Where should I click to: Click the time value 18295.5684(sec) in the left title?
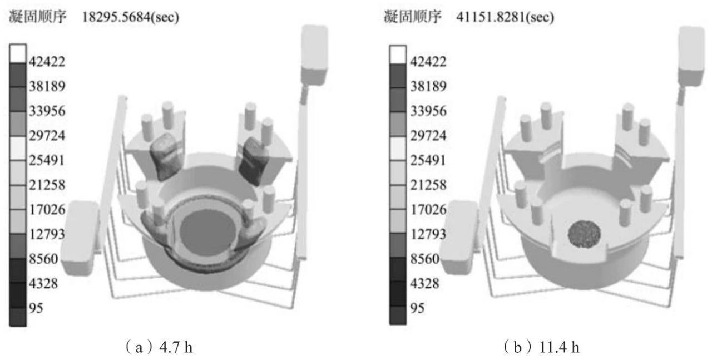point(131,17)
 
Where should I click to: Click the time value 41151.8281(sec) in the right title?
point(505,17)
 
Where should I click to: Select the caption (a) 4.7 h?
point(159,347)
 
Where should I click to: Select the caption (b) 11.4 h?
point(541,347)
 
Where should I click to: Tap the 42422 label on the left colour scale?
point(47,61)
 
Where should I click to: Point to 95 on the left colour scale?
point(36,308)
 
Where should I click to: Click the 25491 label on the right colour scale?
point(428,160)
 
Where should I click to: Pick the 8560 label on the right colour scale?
point(424,259)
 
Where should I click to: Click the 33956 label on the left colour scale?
point(47,111)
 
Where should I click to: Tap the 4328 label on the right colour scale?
point(424,283)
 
